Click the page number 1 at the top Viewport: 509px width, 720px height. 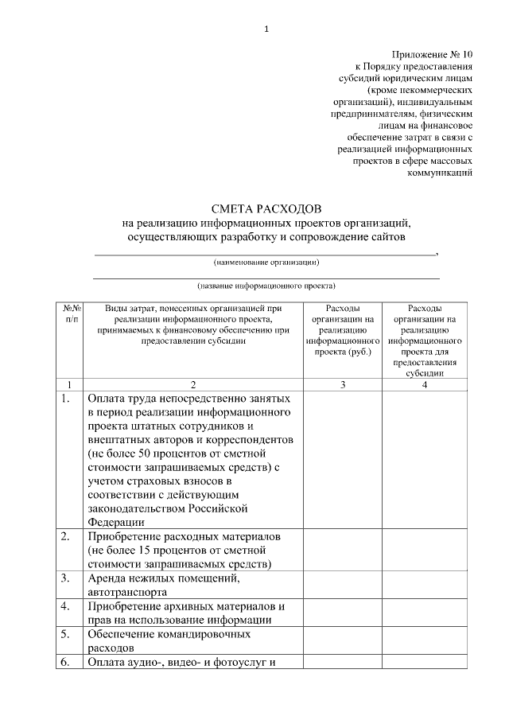click(x=266, y=29)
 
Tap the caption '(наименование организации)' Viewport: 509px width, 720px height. click(x=266, y=263)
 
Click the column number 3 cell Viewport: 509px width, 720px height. click(x=343, y=384)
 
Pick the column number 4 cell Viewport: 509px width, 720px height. click(x=421, y=384)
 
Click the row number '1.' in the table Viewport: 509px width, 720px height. click(x=66, y=398)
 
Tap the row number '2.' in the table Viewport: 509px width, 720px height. click(x=66, y=537)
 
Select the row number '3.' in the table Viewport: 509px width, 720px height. click(x=66, y=578)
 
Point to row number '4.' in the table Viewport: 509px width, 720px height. click(x=66, y=606)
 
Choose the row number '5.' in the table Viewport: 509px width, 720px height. click(x=66, y=634)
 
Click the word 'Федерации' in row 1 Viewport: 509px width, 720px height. click(x=116, y=522)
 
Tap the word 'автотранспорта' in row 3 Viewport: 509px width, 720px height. click(x=127, y=592)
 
